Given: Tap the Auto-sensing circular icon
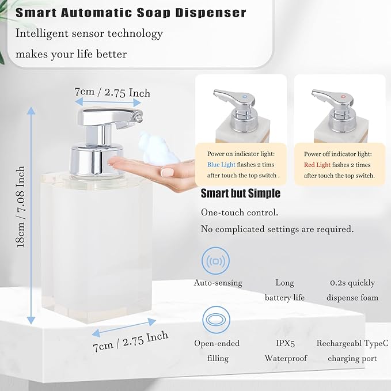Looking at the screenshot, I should pyautogui.click(x=217, y=261).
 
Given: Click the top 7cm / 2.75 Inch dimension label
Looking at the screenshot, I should pyautogui.click(x=112, y=92).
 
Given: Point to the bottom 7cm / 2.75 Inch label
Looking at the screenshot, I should pyautogui.click(x=131, y=341).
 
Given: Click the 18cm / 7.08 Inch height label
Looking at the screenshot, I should pyautogui.click(x=21, y=207).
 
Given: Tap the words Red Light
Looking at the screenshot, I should pyautogui.click(x=317, y=165).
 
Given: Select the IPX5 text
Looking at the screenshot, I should pyautogui.click(x=285, y=343).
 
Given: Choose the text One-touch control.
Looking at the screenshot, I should pyautogui.click(x=239, y=212).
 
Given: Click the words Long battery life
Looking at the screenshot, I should pyautogui.click(x=285, y=290).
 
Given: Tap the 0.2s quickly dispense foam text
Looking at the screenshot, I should pyautogui.click(x=352, y=290).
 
